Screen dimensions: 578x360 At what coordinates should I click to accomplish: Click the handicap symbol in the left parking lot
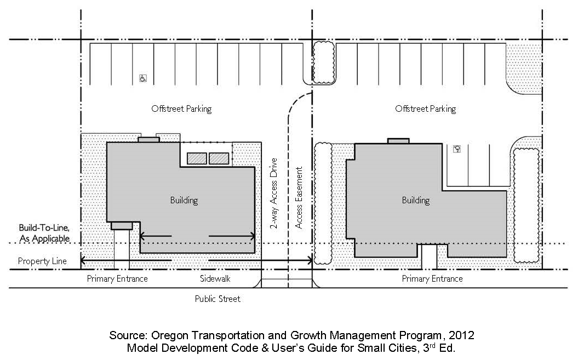point(143,78)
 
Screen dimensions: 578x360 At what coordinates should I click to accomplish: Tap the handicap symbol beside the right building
point(457,149)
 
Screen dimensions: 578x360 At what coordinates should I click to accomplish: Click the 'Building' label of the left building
point(184,201)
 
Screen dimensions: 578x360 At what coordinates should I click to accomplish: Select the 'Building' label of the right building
point(416,201)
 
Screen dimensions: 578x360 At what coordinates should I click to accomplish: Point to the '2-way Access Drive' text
point(273,193)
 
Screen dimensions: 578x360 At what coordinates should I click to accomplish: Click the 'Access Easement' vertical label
point(299,198)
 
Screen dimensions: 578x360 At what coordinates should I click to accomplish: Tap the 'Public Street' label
point(218,299)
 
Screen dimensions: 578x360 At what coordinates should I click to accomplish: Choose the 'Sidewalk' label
point(215,278)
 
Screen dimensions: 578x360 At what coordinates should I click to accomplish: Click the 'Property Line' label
point(42,261)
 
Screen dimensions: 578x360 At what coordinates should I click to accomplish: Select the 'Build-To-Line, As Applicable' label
point(44,233)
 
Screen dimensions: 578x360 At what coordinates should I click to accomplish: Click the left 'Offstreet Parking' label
point(181,109)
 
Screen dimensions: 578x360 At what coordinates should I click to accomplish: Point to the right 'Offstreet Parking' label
point(425,109)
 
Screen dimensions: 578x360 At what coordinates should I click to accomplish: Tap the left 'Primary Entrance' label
point(117,279)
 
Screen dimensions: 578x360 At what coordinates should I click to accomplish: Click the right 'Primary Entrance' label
point(432,279)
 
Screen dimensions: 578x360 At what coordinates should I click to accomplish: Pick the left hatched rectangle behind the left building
point(197,158)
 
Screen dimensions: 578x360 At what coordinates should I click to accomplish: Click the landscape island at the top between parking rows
point(324,62)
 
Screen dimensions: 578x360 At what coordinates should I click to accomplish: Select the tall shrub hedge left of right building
point(323,203)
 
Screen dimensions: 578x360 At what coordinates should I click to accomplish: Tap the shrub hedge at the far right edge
point(527,205)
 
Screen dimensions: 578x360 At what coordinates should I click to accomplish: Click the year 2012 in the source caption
point(461,335)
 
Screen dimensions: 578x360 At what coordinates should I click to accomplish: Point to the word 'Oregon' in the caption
point(169,336)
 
